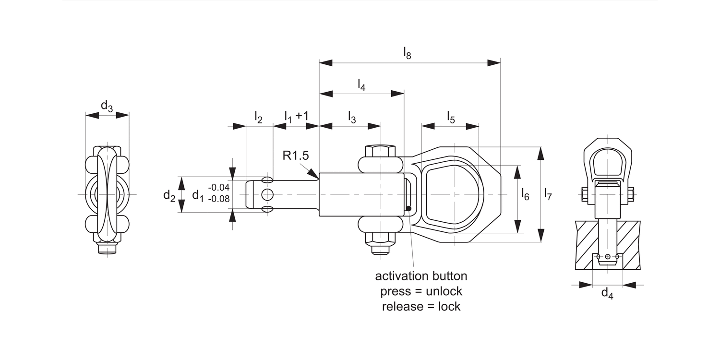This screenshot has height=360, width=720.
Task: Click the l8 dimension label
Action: point(407,53)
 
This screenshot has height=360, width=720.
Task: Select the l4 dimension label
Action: point(361,84)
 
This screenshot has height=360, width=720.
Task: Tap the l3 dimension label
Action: point(352,118)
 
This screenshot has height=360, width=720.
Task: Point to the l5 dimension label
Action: point(451,117)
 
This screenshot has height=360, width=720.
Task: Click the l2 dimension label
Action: point(258,118)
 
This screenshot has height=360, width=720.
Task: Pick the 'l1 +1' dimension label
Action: point(296,117)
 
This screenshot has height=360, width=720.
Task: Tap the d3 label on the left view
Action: point(107,106)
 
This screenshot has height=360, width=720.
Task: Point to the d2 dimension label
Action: point(169,195)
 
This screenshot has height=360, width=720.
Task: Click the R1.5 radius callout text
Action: point(295,156)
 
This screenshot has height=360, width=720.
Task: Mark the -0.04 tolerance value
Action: point(219,188)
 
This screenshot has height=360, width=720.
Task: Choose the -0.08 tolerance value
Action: point(219,198)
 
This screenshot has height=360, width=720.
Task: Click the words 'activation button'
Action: point(421,276)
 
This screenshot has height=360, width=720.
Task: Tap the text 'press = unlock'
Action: point(421,291)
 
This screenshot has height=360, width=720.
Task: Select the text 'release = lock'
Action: point(421,306)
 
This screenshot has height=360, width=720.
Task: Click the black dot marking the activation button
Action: point(408,208)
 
